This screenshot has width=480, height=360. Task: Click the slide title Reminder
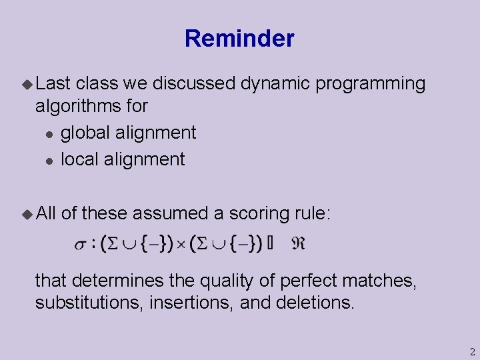click(x=239, y=39)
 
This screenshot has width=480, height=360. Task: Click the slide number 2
click(x=471, y=351)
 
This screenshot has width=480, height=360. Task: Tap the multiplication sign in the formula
click(x=181, y=245)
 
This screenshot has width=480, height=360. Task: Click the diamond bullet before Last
click(x=27, y=84)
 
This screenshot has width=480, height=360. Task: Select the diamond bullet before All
click(x=27, y=213)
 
